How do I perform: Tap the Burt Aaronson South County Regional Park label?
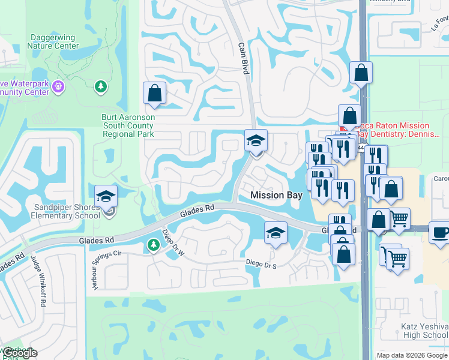pyautogui.click(x=128, y=125)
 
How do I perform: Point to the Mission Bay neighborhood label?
pyautogui.click(x=276, y=195)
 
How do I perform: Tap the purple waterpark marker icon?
pyautogui.click(x=58, y=86)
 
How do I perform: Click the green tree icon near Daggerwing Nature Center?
pyautogui.click(x=100, y=88)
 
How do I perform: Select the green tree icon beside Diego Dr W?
pyautogui.click(x=153, y=245)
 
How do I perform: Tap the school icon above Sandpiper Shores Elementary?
pyautogui.click(x=106, y=196)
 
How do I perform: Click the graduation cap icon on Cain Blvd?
pyautogui.click(x=256, y=142)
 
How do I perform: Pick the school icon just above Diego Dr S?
pyautogui.click(x=276, y=233)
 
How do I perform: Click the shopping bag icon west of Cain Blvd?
pyautogui.click(x=154, y=94)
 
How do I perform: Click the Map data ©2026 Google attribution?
pyautogui.click(x=411, y=355)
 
